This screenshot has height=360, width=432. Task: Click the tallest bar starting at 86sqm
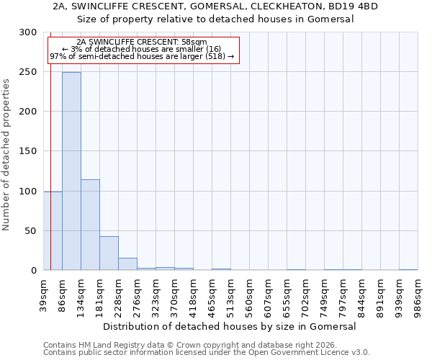coord(71,171)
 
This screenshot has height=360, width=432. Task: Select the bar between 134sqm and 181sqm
coord(90,225)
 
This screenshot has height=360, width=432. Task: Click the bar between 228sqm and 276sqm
coord(127,264)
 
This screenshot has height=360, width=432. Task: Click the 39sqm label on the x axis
coord(43,294)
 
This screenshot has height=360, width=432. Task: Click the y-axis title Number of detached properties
coord(6,155)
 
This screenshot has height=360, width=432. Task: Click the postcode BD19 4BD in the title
coord(354,6)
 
